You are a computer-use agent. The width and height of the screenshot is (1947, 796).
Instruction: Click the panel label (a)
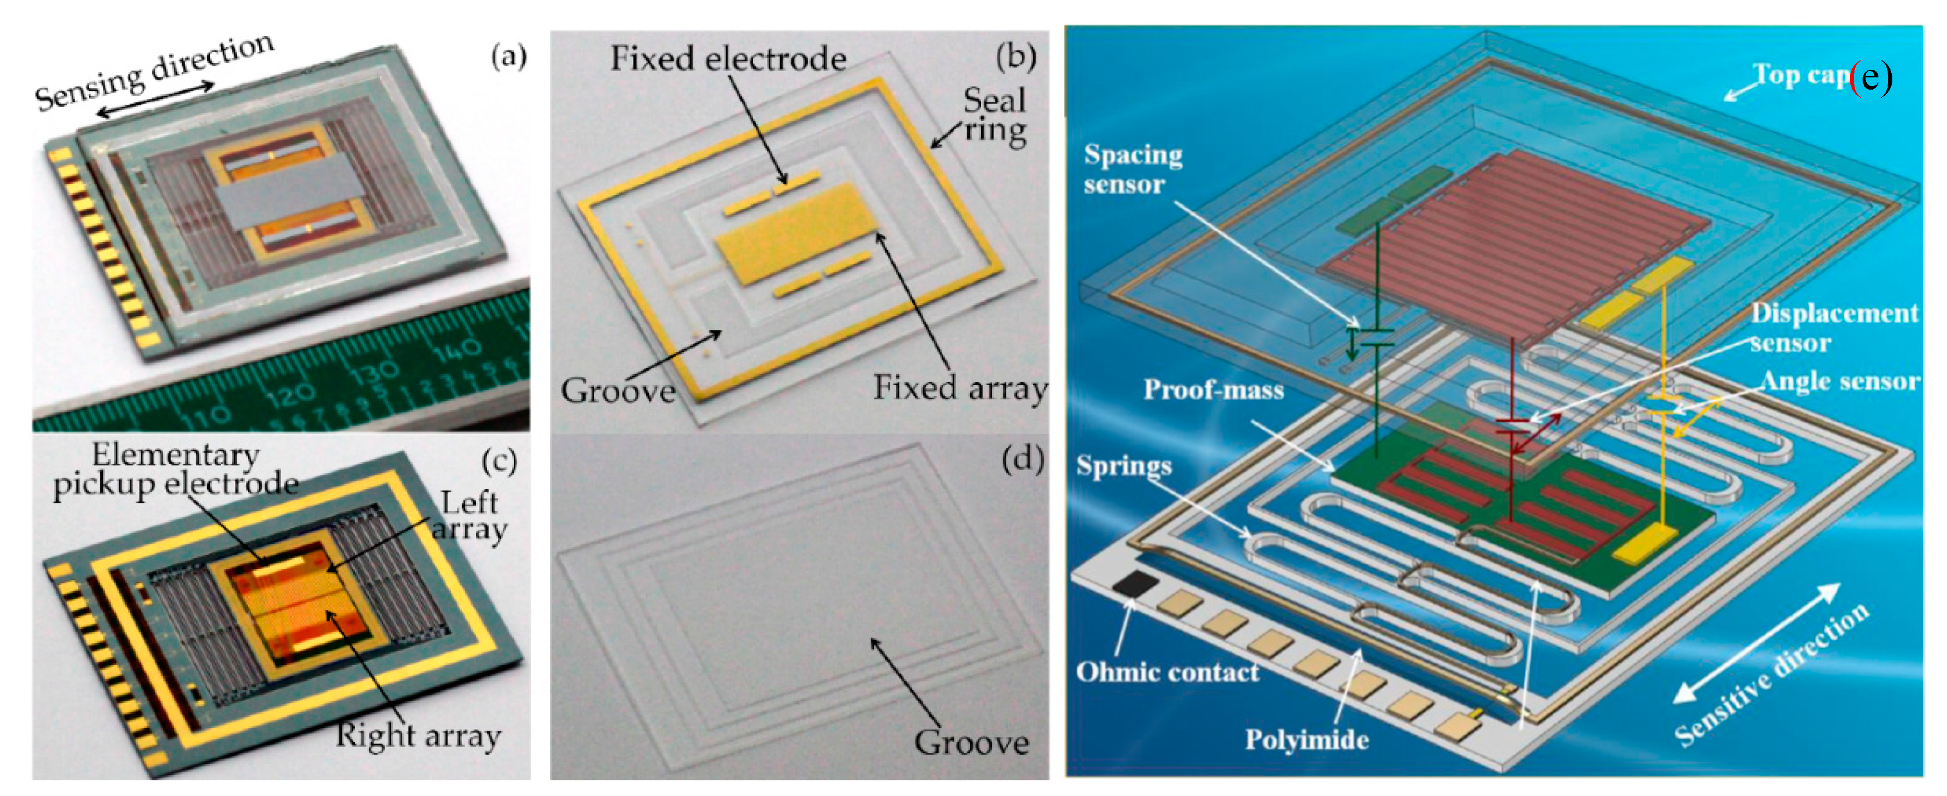508,56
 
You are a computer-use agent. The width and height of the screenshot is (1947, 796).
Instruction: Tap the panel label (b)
1015,56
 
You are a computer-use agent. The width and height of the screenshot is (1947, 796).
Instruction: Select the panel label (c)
499,461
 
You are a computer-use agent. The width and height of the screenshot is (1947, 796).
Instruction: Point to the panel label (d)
1022,460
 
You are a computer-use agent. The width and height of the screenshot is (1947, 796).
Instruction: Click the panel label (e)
1871,77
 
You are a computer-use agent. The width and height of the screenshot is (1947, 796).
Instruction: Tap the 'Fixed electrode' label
728,59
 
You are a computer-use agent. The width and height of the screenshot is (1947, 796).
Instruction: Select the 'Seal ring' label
994,115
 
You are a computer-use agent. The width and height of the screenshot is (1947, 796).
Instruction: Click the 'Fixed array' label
960,388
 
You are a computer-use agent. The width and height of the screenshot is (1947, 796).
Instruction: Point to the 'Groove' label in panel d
971,742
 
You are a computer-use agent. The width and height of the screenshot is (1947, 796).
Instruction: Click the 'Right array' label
418,735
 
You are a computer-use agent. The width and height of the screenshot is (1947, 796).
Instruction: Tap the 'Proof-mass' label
1213,389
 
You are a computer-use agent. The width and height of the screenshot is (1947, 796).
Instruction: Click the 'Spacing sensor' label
1132,169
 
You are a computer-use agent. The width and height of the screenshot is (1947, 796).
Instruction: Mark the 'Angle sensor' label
1840,381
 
